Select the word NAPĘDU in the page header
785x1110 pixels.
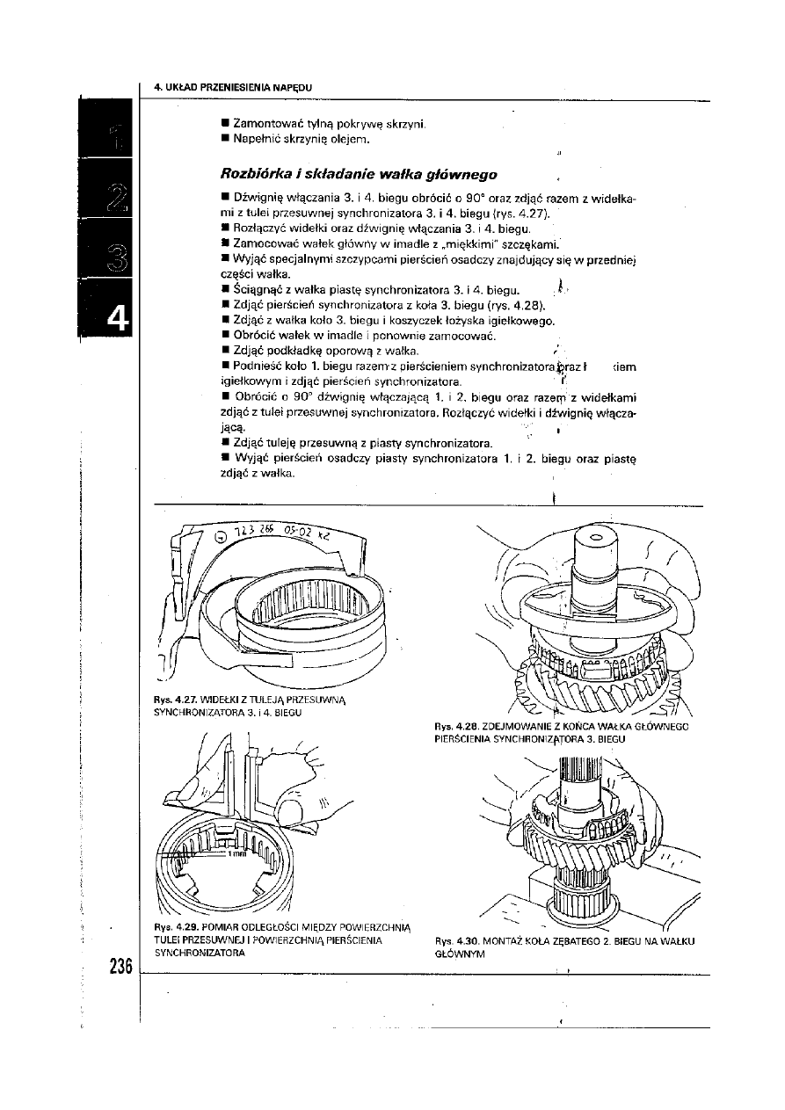pyautogui.click(x=294, y=86)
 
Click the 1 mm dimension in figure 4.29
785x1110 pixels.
pyautogui.click(x=236, y=852)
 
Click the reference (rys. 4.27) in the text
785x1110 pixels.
pyautogui.click(x=527, y=214)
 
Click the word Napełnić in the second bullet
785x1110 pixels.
pyautogui.click(x=252, y=139)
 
